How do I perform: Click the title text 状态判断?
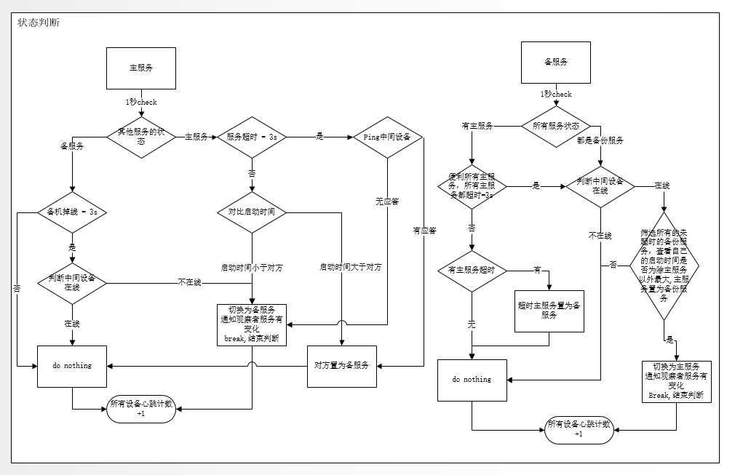click(39, 23)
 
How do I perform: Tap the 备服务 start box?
click(556, 63)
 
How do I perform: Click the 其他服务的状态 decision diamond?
click(141, 137)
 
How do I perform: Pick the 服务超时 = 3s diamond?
click(252, 137)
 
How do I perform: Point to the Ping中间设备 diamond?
click(386, 137)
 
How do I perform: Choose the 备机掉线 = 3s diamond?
click(72, 212)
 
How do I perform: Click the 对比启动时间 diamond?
click(252, 212)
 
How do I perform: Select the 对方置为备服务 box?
click(341, 364)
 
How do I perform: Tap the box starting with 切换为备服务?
click(252, 323)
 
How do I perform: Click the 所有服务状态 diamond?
click(556, 127)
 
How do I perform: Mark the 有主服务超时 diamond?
click(472, 271)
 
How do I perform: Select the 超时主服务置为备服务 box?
click(549, 311)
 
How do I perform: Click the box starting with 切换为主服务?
click(677, 380)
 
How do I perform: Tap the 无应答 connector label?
click(386, 201)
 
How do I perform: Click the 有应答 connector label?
click(424, 231)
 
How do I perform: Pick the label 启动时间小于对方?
click(252, 268)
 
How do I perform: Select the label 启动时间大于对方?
click(350, 268)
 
